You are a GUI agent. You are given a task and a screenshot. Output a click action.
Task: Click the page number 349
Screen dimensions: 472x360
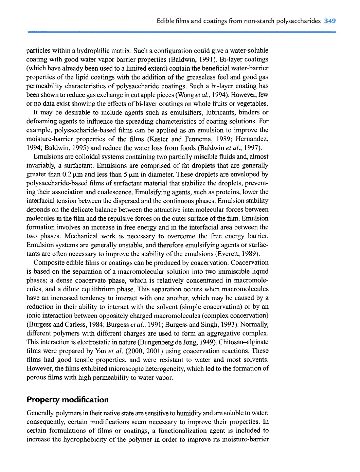pos(330,21)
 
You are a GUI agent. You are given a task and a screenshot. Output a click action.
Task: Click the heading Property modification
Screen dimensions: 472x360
pos(68,400)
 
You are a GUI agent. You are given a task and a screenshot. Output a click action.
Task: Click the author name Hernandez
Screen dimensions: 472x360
pos(252,139)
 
